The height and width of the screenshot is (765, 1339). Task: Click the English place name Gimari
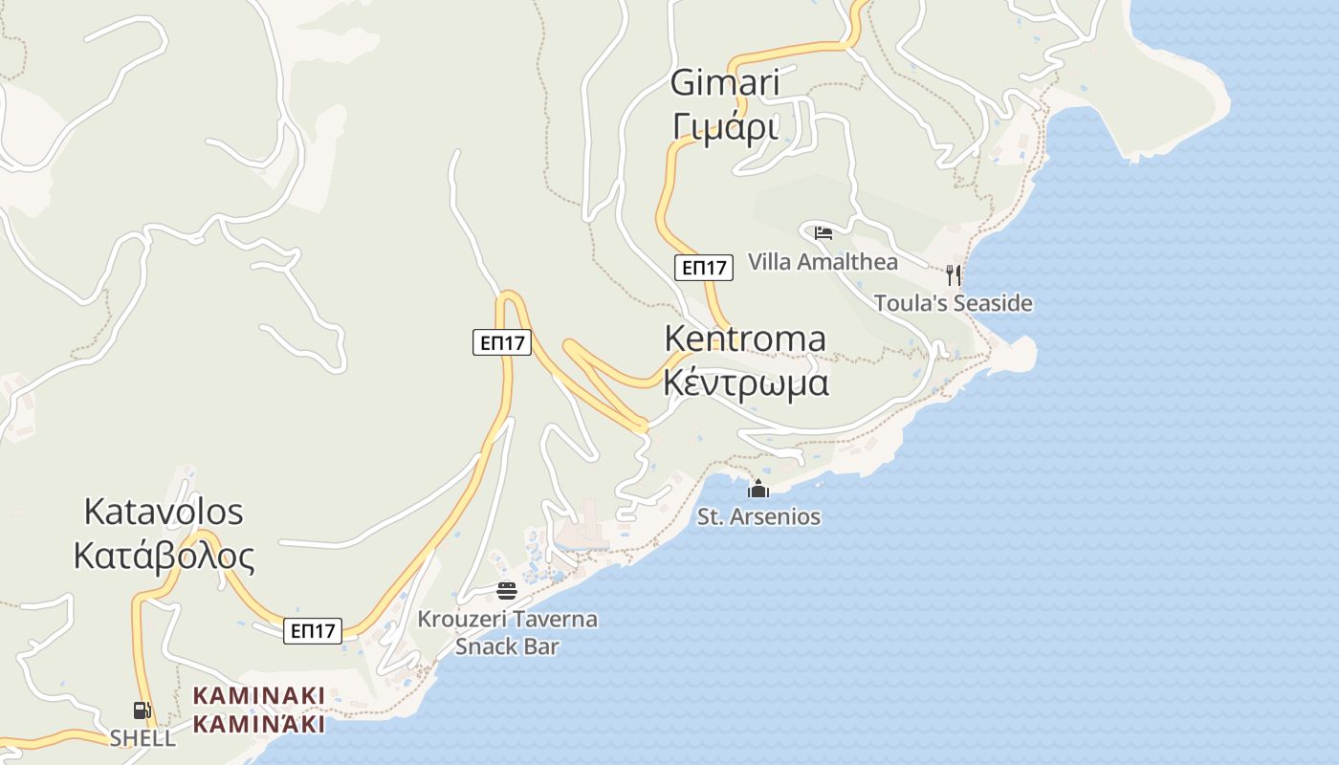(x=725, y=83)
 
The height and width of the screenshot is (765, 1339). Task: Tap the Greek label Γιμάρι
(x=725, y=125)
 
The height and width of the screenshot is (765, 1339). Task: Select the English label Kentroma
(x=745, y=339)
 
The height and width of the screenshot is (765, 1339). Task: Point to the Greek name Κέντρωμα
(x=745, y=382)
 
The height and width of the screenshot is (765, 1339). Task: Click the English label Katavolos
(x=164, y=512)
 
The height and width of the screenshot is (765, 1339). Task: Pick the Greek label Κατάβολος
(x=164, y=556)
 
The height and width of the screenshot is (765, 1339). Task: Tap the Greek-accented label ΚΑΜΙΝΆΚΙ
(x=259, y=724)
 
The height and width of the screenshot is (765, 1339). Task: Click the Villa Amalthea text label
(x=823, y=262)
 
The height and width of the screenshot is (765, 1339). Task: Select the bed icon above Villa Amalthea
(x=823, y=232)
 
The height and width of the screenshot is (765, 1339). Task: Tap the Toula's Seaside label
(x=953, y=304)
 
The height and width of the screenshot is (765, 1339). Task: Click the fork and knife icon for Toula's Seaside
(x=953, y=275)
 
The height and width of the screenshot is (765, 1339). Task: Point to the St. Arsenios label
(x=758, y=517)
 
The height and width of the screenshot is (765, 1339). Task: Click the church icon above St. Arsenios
(x=758, y=490)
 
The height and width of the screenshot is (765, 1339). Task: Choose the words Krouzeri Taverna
(x=507, y=620)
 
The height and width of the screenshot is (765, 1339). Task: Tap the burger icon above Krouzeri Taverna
(x=507, y=591)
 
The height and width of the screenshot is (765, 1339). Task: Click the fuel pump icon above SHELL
(x=142, y=710)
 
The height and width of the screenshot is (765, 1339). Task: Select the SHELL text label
(x=143, y=738)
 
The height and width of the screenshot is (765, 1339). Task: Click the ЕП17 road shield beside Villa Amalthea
(x=704, y=268)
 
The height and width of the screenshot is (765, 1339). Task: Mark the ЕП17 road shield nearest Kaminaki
(x=313, y=631)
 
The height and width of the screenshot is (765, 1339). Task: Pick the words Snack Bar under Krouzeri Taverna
(x=507, y=646)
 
